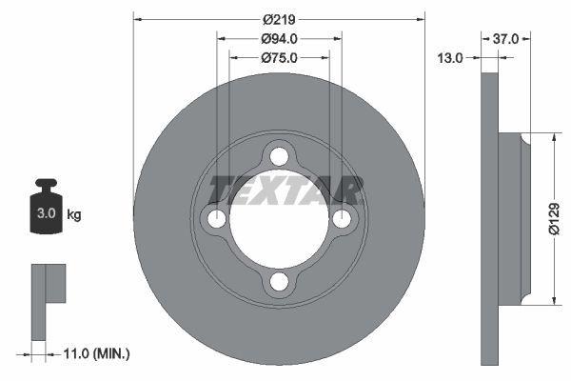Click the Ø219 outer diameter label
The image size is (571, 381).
coord(279,19)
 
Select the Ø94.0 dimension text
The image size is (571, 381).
coord(279,39)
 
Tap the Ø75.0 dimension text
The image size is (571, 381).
coord(279,58)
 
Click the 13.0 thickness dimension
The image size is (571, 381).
coord(449,58)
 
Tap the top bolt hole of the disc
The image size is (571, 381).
coord(279,156)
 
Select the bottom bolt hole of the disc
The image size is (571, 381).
coord(279,282)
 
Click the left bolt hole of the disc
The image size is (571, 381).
coord(217,219)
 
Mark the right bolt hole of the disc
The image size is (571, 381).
coord(342,219)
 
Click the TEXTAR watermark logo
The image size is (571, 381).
coord(285,190)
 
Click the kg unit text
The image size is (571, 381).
coord(74,215)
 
